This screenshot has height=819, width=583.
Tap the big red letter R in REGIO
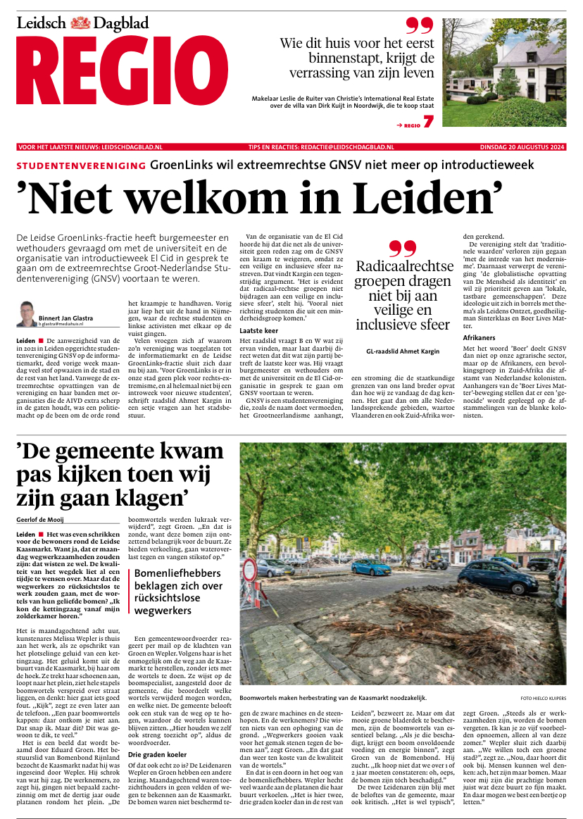tap(43, 73)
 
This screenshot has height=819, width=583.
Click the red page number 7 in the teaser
tap(429, 121)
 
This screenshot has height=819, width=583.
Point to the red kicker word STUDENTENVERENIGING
tap(81, 165)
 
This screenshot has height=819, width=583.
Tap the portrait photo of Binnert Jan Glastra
tap(26, 313)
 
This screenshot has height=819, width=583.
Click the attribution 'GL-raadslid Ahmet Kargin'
tap(402, 350)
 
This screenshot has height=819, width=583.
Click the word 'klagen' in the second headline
tap(144, 499)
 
